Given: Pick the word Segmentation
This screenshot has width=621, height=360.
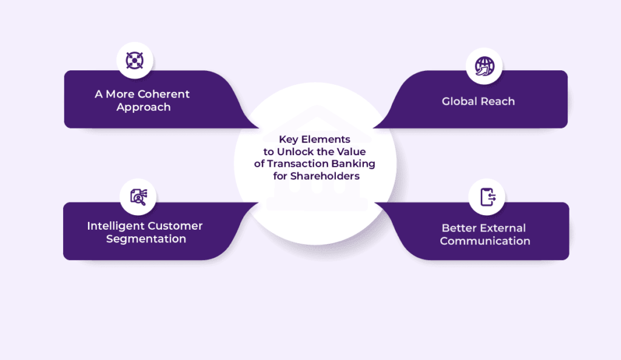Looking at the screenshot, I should pyautogui.click(x=146, y=239).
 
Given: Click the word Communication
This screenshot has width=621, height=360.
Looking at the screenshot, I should pyautogui.click(x=485, y=241).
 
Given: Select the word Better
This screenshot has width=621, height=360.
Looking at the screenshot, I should pyautogui.click(x=460, y=228).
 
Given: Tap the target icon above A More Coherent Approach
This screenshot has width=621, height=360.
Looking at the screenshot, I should pyautogui.click(x=135, y=60).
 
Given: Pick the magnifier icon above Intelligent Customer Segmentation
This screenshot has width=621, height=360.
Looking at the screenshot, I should pyautogui.click(x=138, y=196).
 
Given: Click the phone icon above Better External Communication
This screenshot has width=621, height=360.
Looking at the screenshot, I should pyautogui.click(x=488, y=197).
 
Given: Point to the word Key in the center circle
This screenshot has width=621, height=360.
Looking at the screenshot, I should pyautogui.click(x=288, y=139).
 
